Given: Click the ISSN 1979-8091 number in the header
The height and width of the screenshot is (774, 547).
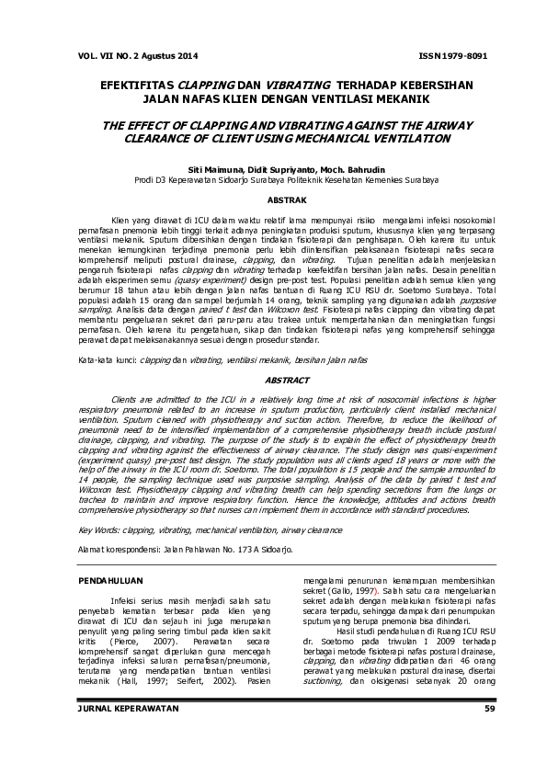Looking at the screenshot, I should point(452,55).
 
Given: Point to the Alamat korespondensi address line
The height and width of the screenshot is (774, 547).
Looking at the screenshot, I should point(187,550).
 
